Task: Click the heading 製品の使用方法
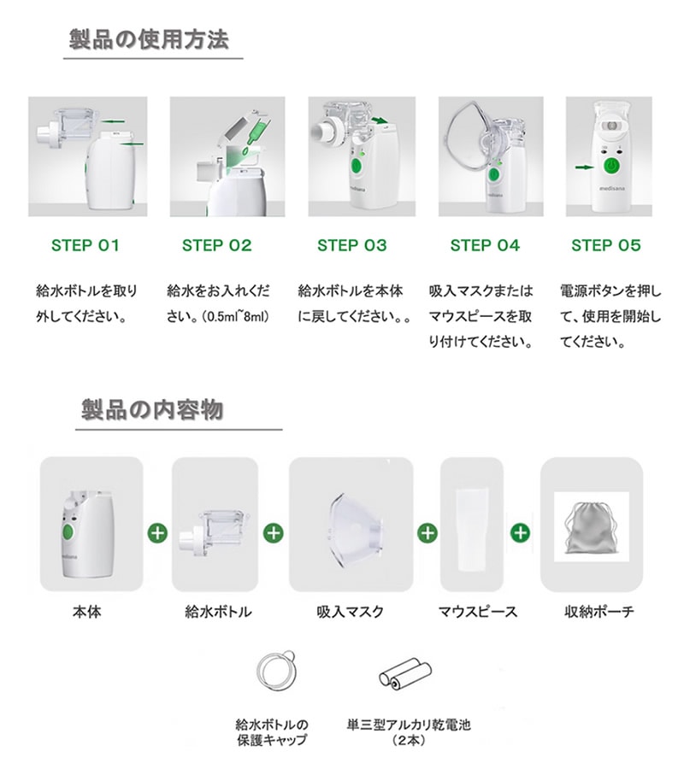149,39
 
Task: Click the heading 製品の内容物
152,409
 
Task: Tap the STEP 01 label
85,245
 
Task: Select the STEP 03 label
351,245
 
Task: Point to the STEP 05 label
606,245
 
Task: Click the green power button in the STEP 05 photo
611,167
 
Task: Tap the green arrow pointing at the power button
585,167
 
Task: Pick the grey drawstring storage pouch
591,528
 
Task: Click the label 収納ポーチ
598,612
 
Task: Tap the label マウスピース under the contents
477,612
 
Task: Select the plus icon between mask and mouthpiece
427,532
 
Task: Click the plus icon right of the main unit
157,532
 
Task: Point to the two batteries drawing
405,673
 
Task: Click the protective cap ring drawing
276,671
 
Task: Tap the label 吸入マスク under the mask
350,612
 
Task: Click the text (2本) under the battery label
408,741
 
